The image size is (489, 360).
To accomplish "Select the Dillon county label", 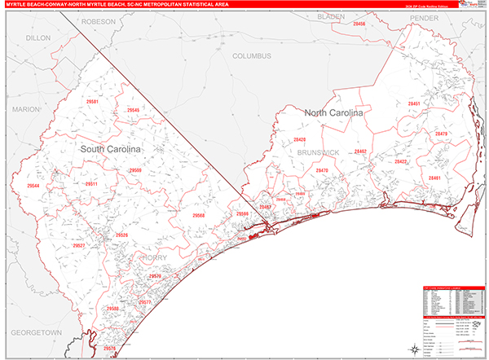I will (37, 37).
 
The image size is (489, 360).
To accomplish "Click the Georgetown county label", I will (37, 333).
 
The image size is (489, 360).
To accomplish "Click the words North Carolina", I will (333, 113).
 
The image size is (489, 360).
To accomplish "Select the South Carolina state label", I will (110, 150).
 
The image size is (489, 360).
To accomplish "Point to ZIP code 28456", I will (359, 24).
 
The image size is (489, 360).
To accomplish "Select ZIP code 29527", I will (79, 244).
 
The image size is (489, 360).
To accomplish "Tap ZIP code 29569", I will (135, 170).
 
